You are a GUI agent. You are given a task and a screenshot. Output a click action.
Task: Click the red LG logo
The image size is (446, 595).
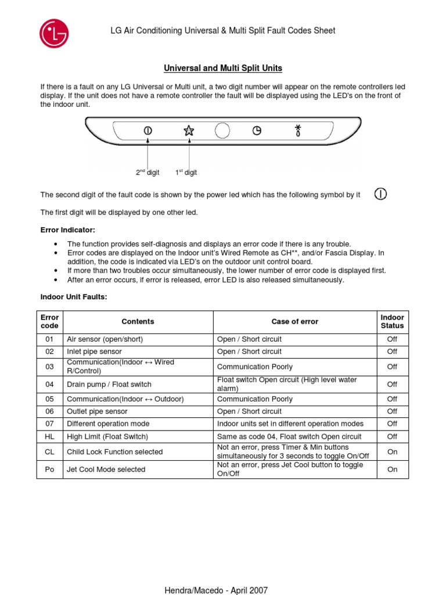click(x=54, y=33)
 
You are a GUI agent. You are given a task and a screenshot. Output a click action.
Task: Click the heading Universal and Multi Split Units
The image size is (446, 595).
click(x=223, y=69)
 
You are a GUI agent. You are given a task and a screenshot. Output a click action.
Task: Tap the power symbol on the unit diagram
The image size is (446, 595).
click(x=148, y=131)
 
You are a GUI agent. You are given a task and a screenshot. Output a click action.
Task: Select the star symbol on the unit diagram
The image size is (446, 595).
click(x=189, y=131)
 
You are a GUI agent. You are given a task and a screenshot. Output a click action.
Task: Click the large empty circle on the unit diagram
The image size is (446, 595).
click(x=222, y=131)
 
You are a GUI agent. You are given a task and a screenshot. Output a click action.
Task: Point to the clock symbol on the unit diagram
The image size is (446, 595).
click(x=257, y=131)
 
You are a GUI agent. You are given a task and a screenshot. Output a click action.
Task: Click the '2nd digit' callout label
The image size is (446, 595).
click(x=148, y=173)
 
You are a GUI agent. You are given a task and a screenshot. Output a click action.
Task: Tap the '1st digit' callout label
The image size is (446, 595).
click(x=186, y=173)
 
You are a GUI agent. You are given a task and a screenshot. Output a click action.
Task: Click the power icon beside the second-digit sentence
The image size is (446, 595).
click(x=380, y=194)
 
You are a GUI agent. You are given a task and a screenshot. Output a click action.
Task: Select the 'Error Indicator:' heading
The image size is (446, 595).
click(x=67, y=230)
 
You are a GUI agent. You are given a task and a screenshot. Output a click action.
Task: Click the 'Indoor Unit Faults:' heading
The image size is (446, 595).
click(x=74, y=297)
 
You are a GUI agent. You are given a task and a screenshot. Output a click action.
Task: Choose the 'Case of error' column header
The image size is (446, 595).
click(x=295, y=322)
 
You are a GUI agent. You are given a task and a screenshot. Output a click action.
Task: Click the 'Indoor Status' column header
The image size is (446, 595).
click(x=392, y=322)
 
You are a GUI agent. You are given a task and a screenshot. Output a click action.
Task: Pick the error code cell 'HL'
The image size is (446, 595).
click(x=49, y=436)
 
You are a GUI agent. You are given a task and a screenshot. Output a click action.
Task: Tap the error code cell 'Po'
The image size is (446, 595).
click(x=49, y=469)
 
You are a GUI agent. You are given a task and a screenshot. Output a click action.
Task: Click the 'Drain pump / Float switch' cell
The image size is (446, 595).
click(x=109, y=384)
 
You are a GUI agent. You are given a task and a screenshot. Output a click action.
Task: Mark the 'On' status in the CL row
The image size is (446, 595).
click(x=392, y=451)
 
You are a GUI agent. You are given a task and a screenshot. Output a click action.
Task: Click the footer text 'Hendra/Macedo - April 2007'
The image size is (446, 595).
click(x=217, y=590)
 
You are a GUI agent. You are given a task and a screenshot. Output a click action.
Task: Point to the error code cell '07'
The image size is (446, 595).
click(x=49, y=424)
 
